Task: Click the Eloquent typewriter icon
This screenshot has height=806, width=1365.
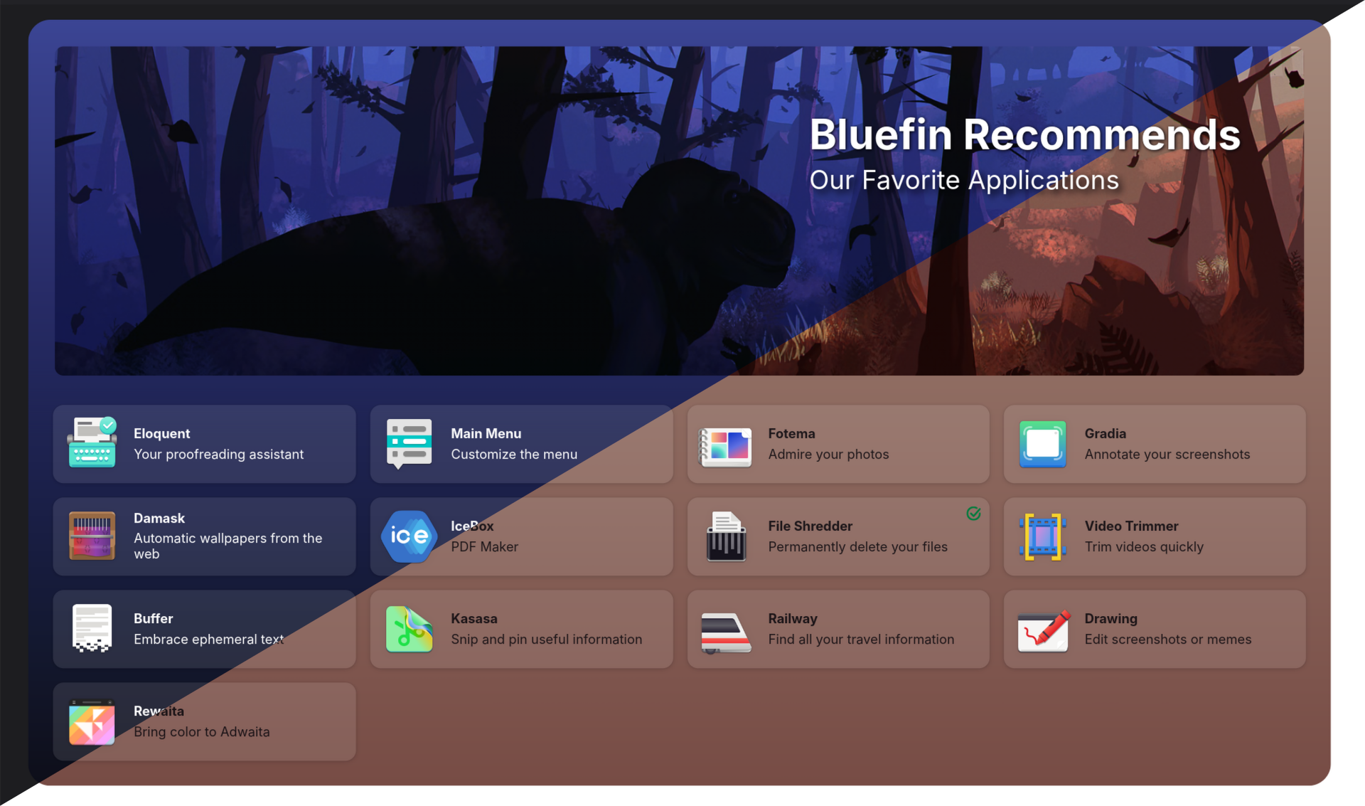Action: click(92, 442)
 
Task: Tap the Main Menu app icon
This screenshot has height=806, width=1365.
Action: click(409, 444)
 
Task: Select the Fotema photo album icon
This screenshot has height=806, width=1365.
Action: click(725, 447)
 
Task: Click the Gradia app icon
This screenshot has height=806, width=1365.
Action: click(1042, 444)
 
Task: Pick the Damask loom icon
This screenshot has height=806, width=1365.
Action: click(92, 536)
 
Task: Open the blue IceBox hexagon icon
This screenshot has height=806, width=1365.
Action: click(409, 536)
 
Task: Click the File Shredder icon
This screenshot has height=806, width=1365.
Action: click(725, 536)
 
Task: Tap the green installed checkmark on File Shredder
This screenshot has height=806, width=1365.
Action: click(973, 513)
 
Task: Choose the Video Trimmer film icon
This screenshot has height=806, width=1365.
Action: click(1042, 536)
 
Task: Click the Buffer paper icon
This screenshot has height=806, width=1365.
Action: click(92, 628)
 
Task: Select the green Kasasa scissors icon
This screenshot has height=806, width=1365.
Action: click(409, 629)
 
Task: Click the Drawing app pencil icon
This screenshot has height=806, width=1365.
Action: click(1043, 630)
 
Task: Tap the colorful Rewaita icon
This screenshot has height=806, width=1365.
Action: click(92, 722)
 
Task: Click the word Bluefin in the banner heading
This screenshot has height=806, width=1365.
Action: click(881, 134)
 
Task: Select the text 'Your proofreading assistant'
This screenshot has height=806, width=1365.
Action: click(218, 455)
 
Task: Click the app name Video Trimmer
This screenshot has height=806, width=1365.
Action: click(1131, 526)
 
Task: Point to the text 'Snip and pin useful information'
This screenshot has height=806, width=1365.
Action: click(546, 639)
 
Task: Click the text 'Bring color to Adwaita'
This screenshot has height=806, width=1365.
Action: click(201, 732)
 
